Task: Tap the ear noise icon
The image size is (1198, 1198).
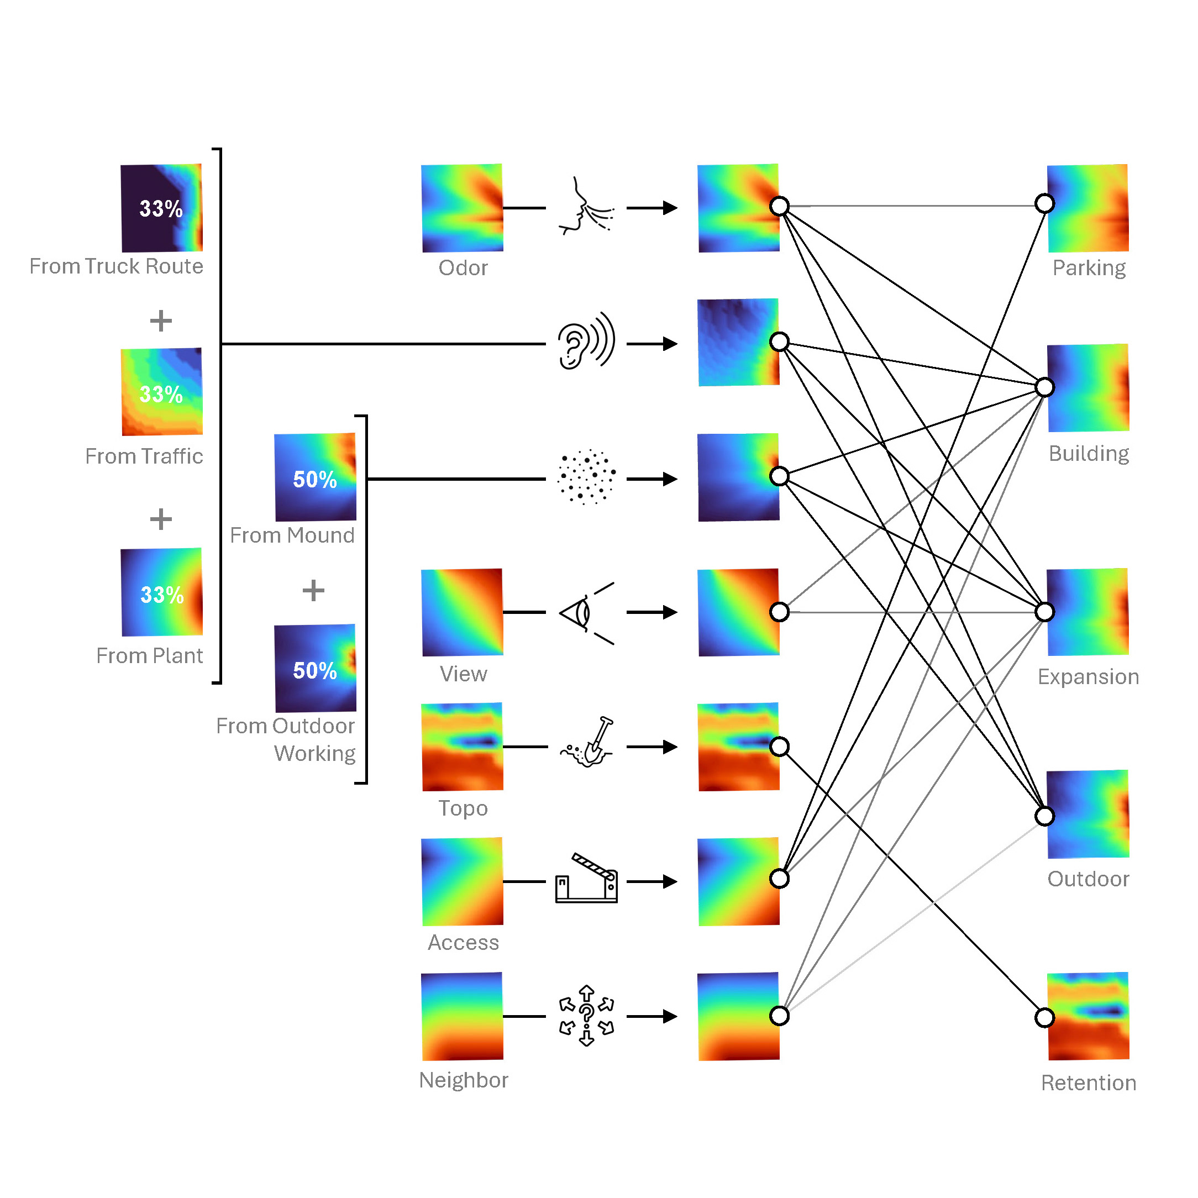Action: [586, 341]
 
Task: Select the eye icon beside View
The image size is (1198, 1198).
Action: [586, 613]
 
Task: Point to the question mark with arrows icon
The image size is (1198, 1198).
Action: [586, 1016]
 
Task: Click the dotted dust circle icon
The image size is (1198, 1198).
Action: [586, 477]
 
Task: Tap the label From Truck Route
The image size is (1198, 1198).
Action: [116, 266]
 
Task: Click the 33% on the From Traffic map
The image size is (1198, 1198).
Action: [161, 394]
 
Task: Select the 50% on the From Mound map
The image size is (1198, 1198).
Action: [314, 479]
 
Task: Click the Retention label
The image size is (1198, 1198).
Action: [1088, 1083]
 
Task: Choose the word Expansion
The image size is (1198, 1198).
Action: [1088, 676]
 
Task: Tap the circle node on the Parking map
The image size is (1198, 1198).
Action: [1045, 203]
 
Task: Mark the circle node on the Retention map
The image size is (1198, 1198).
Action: [1045, 1017]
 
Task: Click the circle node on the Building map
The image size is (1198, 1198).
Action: [1045, 387]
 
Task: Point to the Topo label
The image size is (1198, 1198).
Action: [463, 808]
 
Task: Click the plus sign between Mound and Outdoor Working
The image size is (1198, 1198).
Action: [313, 590]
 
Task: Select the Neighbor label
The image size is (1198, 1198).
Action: [463, 1080]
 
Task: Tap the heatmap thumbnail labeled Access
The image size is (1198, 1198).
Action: [462, 881]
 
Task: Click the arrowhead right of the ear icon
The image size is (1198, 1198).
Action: [670, 344]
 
